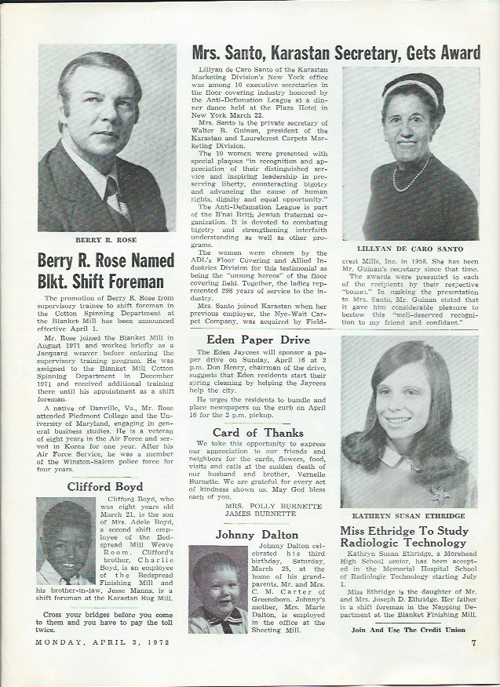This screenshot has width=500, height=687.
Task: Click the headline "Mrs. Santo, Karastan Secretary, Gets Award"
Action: click(x=336, y=53)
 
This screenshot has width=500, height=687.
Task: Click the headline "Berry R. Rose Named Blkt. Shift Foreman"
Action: click(x=103, y=271)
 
